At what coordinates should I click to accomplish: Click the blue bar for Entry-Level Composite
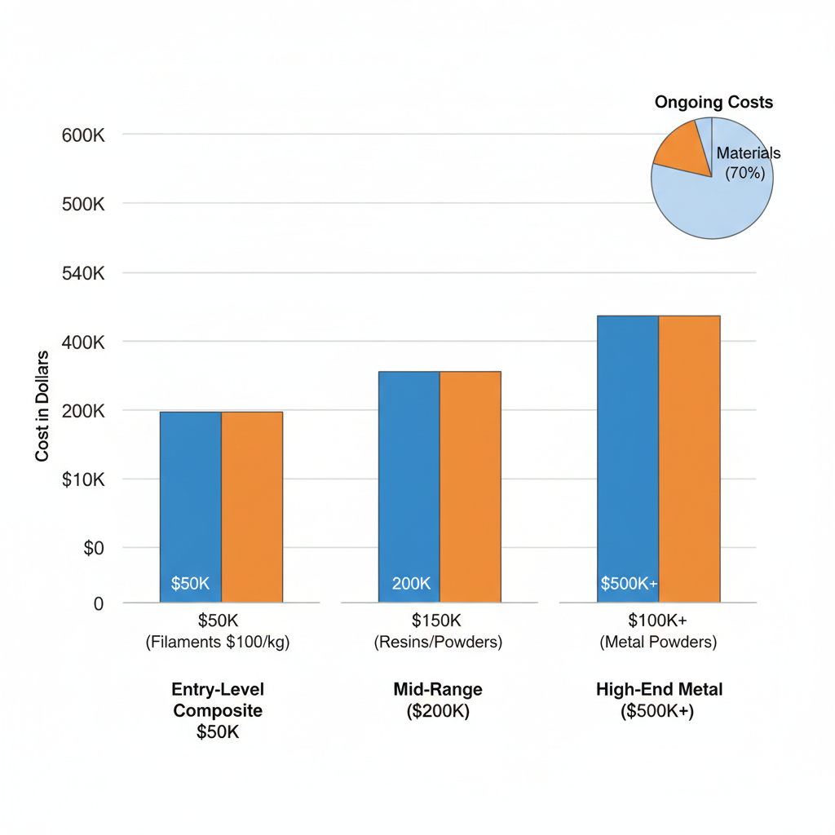190,506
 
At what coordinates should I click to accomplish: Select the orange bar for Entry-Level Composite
252,506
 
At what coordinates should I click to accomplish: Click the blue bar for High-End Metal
627,457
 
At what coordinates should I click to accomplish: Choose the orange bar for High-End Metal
689,457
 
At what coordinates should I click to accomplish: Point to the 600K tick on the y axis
83,135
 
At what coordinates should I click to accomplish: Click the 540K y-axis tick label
83,273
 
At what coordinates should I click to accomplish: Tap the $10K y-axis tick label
83,479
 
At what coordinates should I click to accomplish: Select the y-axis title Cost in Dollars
42,406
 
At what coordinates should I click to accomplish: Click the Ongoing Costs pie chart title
714,103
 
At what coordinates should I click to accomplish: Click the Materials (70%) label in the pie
747,162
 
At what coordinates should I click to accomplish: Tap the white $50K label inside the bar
190,584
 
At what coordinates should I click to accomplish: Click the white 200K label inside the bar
411,584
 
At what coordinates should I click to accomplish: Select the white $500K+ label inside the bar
628,584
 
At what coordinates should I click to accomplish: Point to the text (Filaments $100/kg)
218,643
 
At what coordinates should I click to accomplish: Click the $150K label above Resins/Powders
438,621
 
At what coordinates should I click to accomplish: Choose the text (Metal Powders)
658,643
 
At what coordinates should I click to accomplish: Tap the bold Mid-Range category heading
438,689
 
